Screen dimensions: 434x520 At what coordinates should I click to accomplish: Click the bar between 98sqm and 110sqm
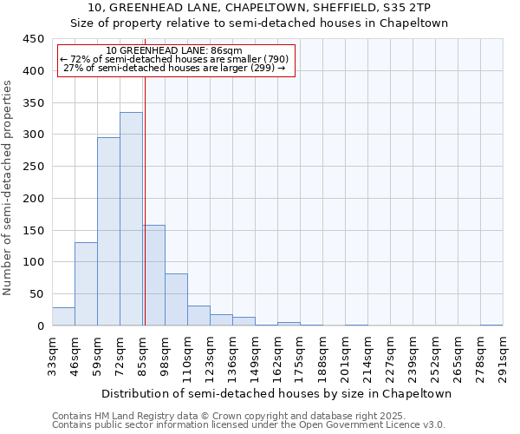[176, 299]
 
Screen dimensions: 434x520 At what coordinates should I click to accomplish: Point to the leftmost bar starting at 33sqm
[63, 317]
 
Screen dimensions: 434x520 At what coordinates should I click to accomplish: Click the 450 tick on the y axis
[34, 39]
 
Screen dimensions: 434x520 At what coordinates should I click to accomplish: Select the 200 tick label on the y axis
[34, 199]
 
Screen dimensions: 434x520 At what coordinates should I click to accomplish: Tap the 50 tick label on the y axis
[37, 294]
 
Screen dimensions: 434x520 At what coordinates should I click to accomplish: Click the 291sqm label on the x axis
[504, 356]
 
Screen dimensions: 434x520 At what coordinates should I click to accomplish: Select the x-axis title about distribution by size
[276, 393]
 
